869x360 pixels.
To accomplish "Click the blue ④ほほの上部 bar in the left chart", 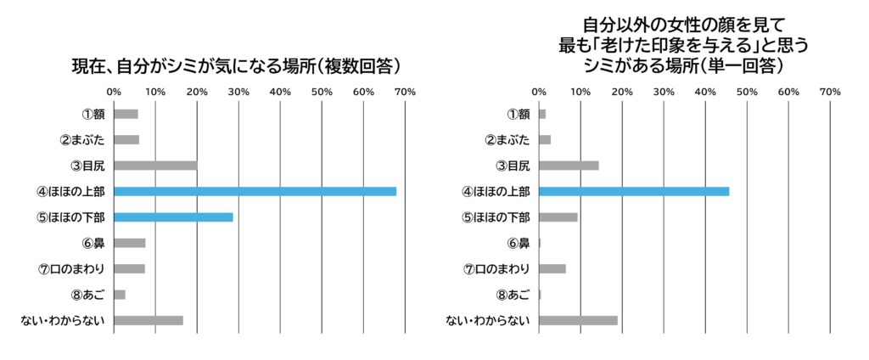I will (255, 191).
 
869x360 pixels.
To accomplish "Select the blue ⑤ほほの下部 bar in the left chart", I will (173, 217).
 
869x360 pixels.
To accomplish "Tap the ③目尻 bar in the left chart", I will (155, 166).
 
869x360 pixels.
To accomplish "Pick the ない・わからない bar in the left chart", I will (148, 320).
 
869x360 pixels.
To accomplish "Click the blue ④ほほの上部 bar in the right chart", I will (633, 191).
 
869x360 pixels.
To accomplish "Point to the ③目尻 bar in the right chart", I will (569, 166).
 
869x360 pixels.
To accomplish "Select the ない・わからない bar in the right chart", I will (578, 320).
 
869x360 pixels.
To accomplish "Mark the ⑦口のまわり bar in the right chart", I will (552, 269).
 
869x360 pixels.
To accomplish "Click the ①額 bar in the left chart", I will (126, 114).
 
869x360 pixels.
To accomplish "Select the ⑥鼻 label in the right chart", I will (518, 244).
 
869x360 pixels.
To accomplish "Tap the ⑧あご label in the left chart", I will (87, 295).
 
